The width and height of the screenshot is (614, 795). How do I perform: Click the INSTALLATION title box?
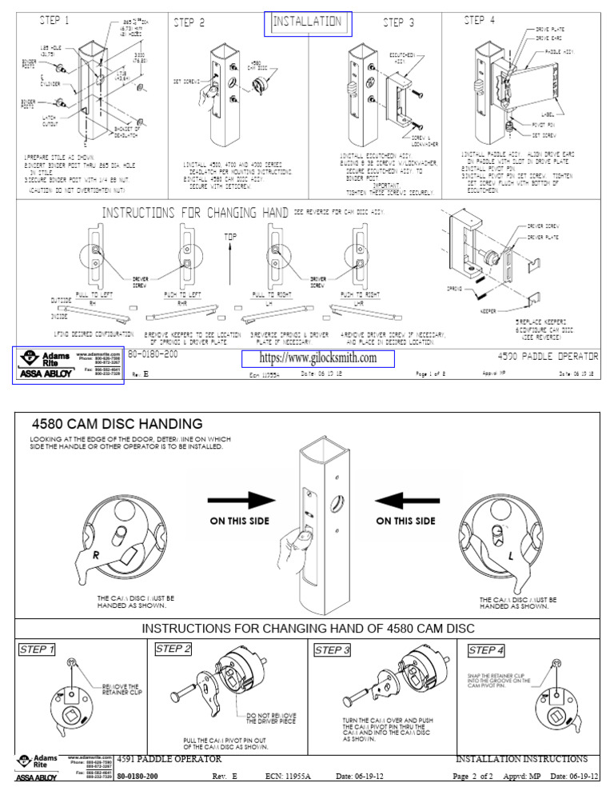point(307,23)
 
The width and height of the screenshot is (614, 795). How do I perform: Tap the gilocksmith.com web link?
point(317,358)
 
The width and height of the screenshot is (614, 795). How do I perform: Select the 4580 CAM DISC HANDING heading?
point(116,423)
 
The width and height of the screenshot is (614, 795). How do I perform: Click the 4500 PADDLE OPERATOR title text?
point(547,355)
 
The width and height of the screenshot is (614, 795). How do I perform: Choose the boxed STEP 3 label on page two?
point(333,649)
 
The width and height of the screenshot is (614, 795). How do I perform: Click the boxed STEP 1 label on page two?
point(36,649)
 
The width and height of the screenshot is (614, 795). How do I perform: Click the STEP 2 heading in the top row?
point(189,23)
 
